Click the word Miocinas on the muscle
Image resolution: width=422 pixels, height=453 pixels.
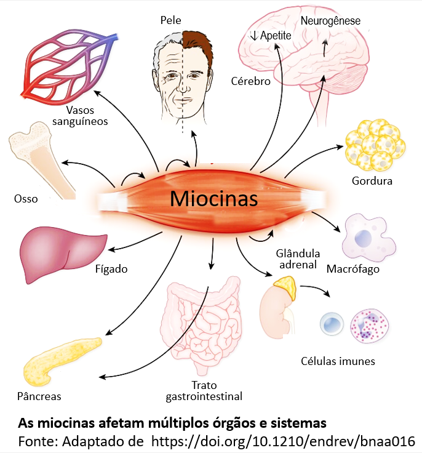click(213, 199)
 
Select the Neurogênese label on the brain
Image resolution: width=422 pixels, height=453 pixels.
click(330, 21)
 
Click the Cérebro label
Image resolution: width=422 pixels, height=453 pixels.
click(250, 81)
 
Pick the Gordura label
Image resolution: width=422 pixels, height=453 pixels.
click(372, 180)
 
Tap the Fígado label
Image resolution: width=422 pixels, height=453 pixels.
click(111, 269)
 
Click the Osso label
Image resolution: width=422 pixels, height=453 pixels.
click(26, 199)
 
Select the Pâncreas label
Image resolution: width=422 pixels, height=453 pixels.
click(39, 396)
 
